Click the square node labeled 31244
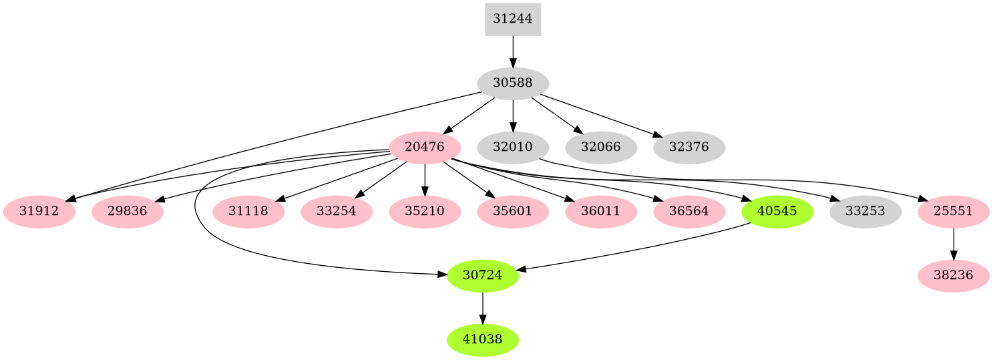(512, 19)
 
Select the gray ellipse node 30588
(512, 83)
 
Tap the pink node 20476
(425, 148)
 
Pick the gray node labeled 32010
(512, 148)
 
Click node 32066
(600, 148)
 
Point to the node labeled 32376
(688, 148)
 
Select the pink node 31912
(39, 212)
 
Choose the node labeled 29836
(127, 212)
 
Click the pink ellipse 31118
(248, 212)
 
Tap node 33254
(337, 212)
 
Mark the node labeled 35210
(425, 212)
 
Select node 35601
(512, 212)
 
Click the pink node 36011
(600, 212)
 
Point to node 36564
(688, 212)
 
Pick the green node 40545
(777, 212)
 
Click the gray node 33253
(865, 212)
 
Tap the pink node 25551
(953, 212)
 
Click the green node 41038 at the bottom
(482, 340)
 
